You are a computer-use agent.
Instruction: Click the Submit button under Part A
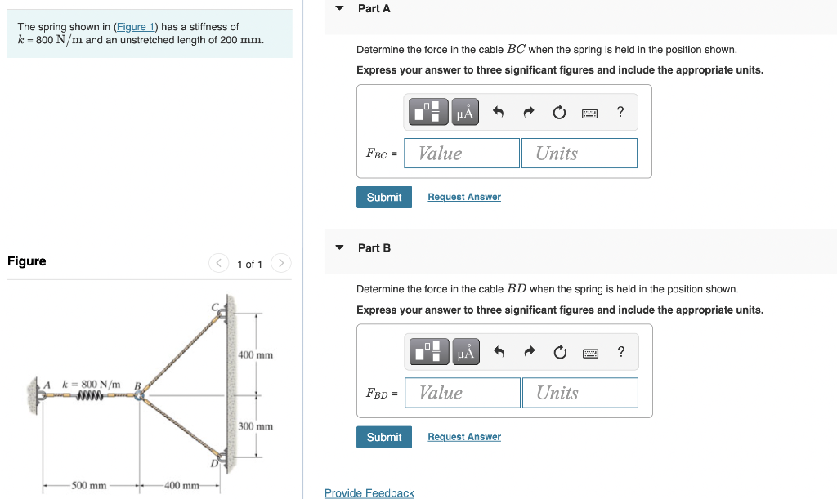383,197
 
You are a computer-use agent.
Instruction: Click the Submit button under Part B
383,437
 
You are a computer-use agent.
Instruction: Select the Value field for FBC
462,154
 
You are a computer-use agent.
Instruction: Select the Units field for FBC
579,154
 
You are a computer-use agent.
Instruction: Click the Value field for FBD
463,393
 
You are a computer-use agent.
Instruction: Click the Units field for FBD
580,393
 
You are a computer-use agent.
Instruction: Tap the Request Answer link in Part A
463,197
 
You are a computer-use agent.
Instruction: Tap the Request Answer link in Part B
463,437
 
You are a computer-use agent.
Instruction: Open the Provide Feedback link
369,493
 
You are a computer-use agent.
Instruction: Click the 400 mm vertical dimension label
255,355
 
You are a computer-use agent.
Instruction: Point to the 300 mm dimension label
255,426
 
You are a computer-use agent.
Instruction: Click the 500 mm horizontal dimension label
89,486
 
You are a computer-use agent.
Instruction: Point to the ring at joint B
140,395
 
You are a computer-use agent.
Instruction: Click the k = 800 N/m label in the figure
91,384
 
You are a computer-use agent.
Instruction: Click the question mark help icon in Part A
620,113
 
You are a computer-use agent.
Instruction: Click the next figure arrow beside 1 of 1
280,263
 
